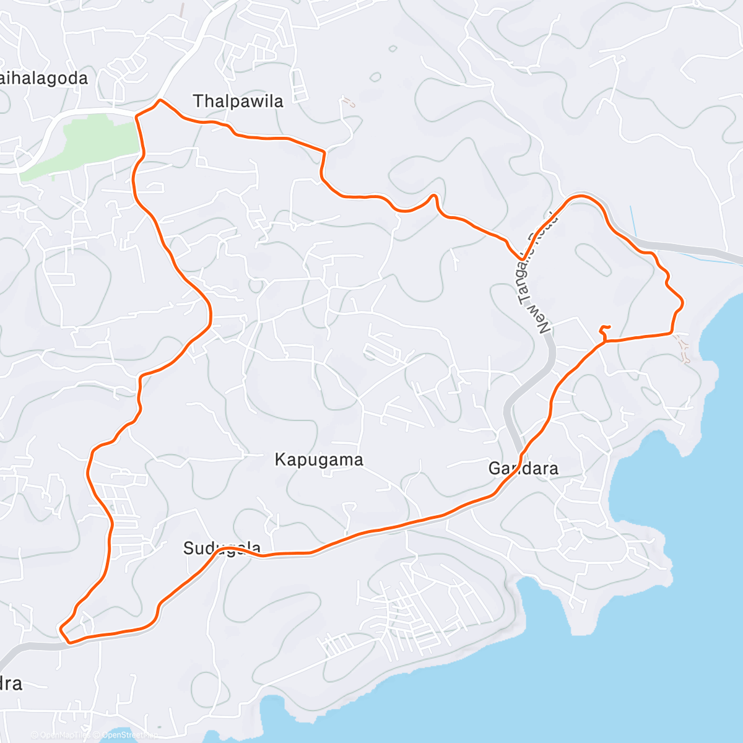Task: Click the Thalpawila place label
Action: click(238, 101)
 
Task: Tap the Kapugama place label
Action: click(319, 460)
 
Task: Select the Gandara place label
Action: click(523, 468)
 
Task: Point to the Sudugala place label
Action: click(222, 548)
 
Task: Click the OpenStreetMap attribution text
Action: click(129, 735)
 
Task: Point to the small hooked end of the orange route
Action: click(606, 328)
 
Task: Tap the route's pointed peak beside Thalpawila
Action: click(160, 100)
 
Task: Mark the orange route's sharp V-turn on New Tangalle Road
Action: click(523, 259)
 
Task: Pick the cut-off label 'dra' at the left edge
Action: click(11, 684)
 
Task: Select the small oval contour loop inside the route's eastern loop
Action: click(593, 259)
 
